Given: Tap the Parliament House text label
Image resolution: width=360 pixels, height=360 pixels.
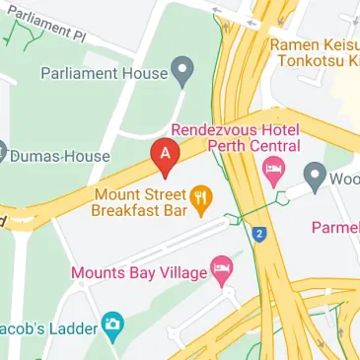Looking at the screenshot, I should [103, 72].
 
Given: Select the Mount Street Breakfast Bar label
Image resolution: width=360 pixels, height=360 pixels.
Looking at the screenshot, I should [138, 201].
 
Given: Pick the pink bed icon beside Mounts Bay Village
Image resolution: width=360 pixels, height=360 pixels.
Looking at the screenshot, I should [223, 271].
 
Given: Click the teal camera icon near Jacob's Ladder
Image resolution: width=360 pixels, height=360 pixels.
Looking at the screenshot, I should [113, 326].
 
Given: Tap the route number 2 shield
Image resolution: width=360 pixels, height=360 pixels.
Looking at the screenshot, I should [258, 235].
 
